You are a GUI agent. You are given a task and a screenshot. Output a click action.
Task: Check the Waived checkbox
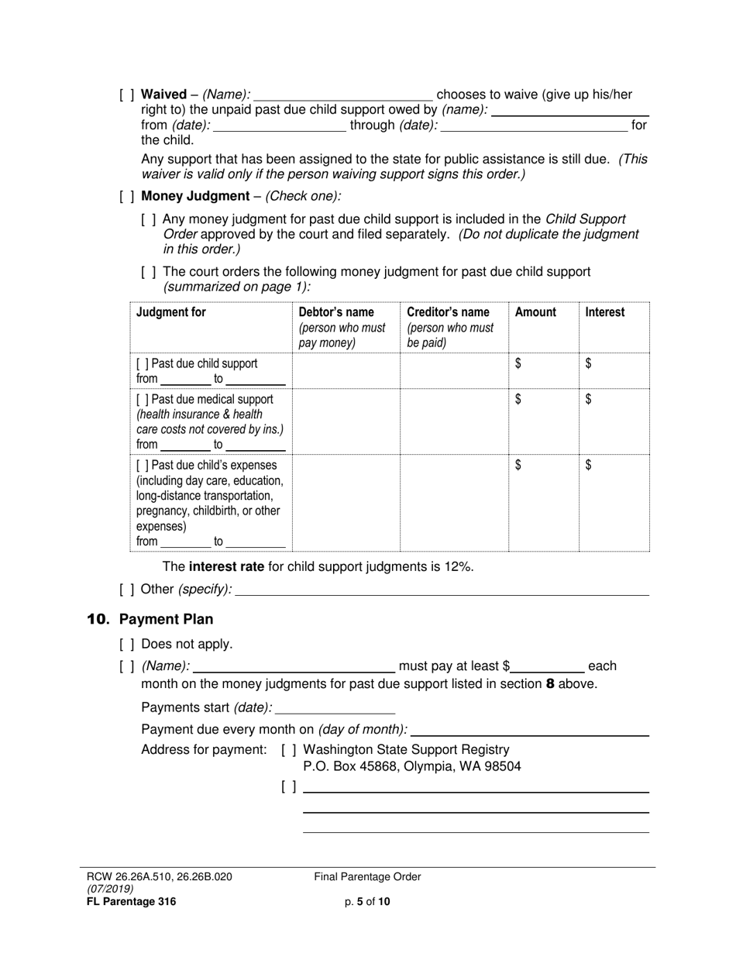pos(127,95)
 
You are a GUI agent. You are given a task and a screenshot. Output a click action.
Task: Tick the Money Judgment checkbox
pos(127,197)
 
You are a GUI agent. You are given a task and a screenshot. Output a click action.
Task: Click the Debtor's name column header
pos(335,312)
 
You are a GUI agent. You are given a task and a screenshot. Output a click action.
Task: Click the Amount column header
pos(535,312)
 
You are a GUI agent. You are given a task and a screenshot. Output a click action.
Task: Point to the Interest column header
pos(604,312)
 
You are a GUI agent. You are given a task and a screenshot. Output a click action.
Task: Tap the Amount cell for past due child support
pos(542,371)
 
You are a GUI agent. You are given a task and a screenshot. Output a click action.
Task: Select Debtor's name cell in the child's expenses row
pos(346,504)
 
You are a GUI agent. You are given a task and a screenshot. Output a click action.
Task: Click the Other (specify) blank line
pos(442,590)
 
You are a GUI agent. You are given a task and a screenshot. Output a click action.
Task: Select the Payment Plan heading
pos(166,620)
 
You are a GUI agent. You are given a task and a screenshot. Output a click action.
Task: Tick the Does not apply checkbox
pos(127,645)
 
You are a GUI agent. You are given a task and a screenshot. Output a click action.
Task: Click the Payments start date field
pos(335,707)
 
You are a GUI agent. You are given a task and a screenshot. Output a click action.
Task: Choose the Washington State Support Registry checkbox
pos(289,750)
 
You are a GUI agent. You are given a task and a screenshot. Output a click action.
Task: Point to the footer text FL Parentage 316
pos(131,901)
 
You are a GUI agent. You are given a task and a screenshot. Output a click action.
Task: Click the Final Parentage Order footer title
pos(367,877)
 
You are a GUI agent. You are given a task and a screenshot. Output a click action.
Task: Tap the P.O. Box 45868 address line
pos(411,767)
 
